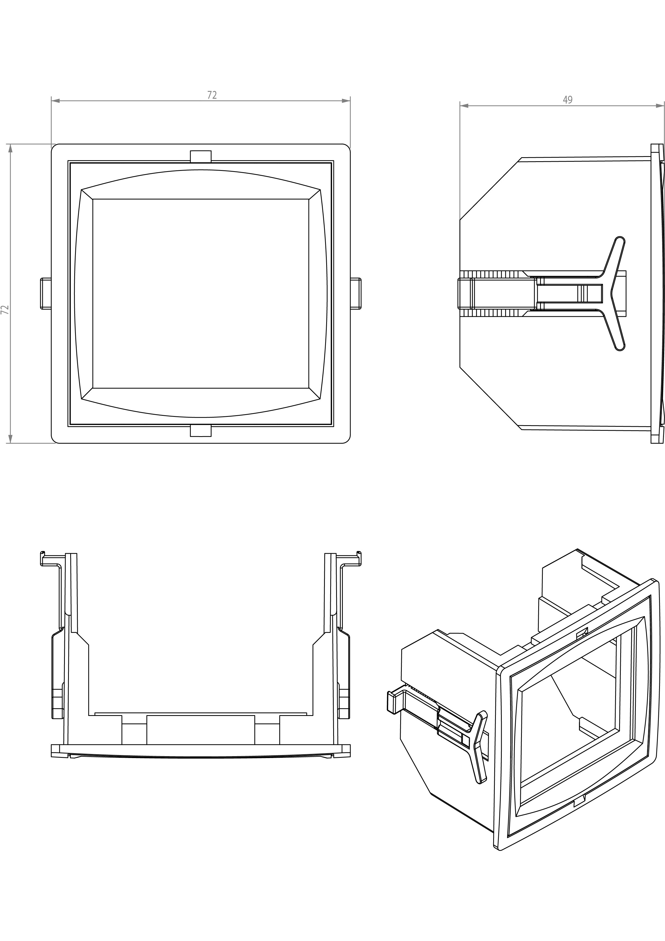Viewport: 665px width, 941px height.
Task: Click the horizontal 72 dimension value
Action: tap(212, 95)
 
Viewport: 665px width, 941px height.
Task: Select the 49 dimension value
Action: tap(567, 100)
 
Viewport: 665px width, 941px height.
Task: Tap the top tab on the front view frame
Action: tap(201, 156)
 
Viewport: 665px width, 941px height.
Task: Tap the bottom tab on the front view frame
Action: tap(201, 431)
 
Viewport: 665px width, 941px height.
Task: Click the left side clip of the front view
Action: tap(46, 293)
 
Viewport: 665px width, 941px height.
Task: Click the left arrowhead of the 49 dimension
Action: tap(463, 106)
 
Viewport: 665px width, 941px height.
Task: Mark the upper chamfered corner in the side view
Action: tap(490, 189)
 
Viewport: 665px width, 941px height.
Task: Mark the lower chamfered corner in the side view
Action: tap(490, 398)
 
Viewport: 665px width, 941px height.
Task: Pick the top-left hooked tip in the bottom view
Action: tap(42, 554)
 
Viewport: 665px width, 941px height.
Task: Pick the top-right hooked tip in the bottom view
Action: tap(359, 554)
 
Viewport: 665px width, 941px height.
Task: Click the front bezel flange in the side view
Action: tap(657, 293)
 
